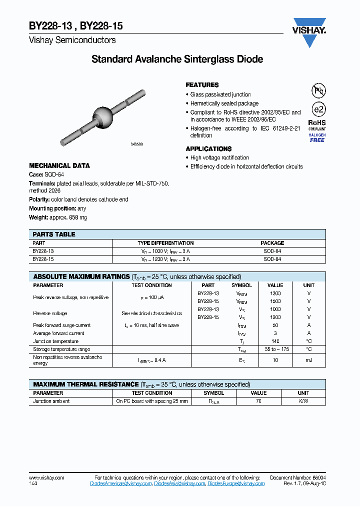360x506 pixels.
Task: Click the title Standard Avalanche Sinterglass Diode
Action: point(177,59)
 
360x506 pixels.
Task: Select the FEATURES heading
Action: point(202,85)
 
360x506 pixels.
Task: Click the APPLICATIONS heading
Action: point(208,149)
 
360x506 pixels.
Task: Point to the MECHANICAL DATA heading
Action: point(59,165)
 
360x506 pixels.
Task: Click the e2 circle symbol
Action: point(317,109)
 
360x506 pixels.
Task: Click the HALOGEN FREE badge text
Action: point(317,138)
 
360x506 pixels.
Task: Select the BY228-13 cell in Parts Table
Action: point(43,251)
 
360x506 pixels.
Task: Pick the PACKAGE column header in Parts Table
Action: point(272,243)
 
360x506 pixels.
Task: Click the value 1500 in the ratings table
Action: point(275,301)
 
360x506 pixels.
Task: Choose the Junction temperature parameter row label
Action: point(55,341)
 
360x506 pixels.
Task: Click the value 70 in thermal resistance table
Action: point(258,401)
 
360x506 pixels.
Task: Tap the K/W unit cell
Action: point(303,401)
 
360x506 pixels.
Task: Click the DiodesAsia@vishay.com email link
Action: point(179,483)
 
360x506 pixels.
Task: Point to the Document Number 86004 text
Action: point(297,477)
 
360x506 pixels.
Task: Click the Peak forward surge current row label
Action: point(61,325)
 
